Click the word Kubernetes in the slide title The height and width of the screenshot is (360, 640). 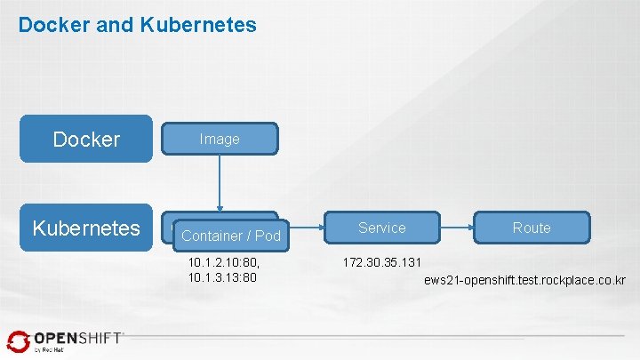198,25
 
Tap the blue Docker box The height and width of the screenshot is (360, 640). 86,139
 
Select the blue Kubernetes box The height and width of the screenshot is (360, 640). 86,228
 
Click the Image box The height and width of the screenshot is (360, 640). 220,139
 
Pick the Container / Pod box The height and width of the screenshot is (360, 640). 230,236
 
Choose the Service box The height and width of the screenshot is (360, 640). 381,228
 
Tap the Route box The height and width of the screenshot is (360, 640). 532,228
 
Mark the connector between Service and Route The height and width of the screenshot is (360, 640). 457,228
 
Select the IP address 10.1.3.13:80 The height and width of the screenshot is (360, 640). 222,277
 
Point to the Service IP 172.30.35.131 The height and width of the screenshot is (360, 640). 381,263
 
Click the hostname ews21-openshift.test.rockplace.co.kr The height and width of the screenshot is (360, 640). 524,281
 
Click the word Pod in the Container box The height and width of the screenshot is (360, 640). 267,236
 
